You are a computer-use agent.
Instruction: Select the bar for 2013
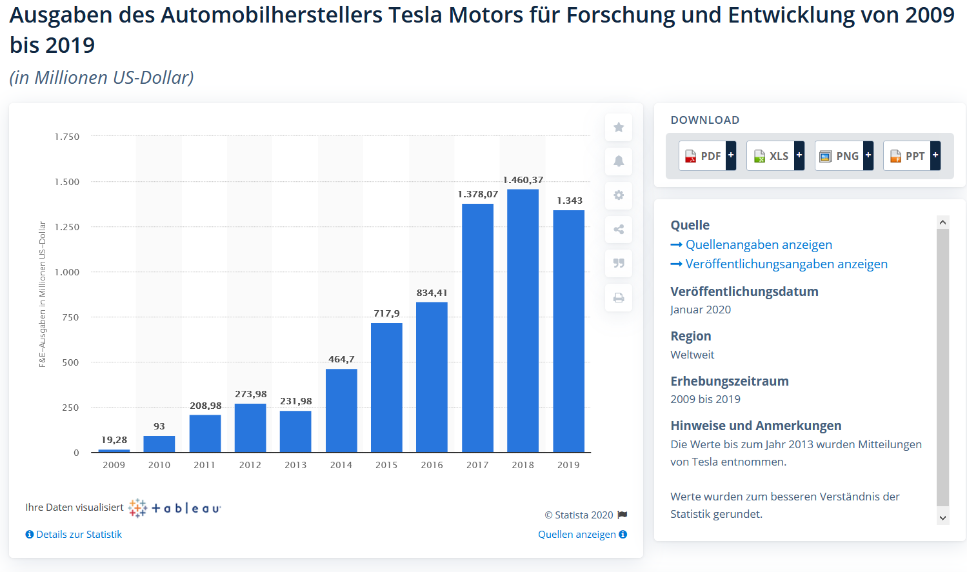(295, 431)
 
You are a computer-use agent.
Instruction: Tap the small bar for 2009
(114, 451)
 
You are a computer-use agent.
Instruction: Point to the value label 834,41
(432, 293)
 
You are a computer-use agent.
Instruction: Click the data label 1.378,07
(477, 194)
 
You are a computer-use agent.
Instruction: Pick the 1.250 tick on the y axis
(67, 227)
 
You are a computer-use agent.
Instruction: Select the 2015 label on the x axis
(386, 465)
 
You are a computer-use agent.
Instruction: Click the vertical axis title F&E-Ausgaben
(43, 294)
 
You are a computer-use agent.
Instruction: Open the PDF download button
(707, 156)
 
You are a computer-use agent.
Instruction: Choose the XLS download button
(775, 156)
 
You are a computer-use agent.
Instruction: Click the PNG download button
(844, 156)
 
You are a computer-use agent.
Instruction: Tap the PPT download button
(912, 156)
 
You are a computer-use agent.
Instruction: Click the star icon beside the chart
(619, 127)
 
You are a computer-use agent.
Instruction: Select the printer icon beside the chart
(619, 298)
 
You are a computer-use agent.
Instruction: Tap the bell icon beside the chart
(619, 161)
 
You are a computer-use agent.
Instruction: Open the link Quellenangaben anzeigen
(759, 244)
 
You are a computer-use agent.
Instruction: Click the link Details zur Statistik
(79, 535)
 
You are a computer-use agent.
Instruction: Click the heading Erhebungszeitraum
(729, 381)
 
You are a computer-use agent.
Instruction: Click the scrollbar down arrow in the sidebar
(942, 518)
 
